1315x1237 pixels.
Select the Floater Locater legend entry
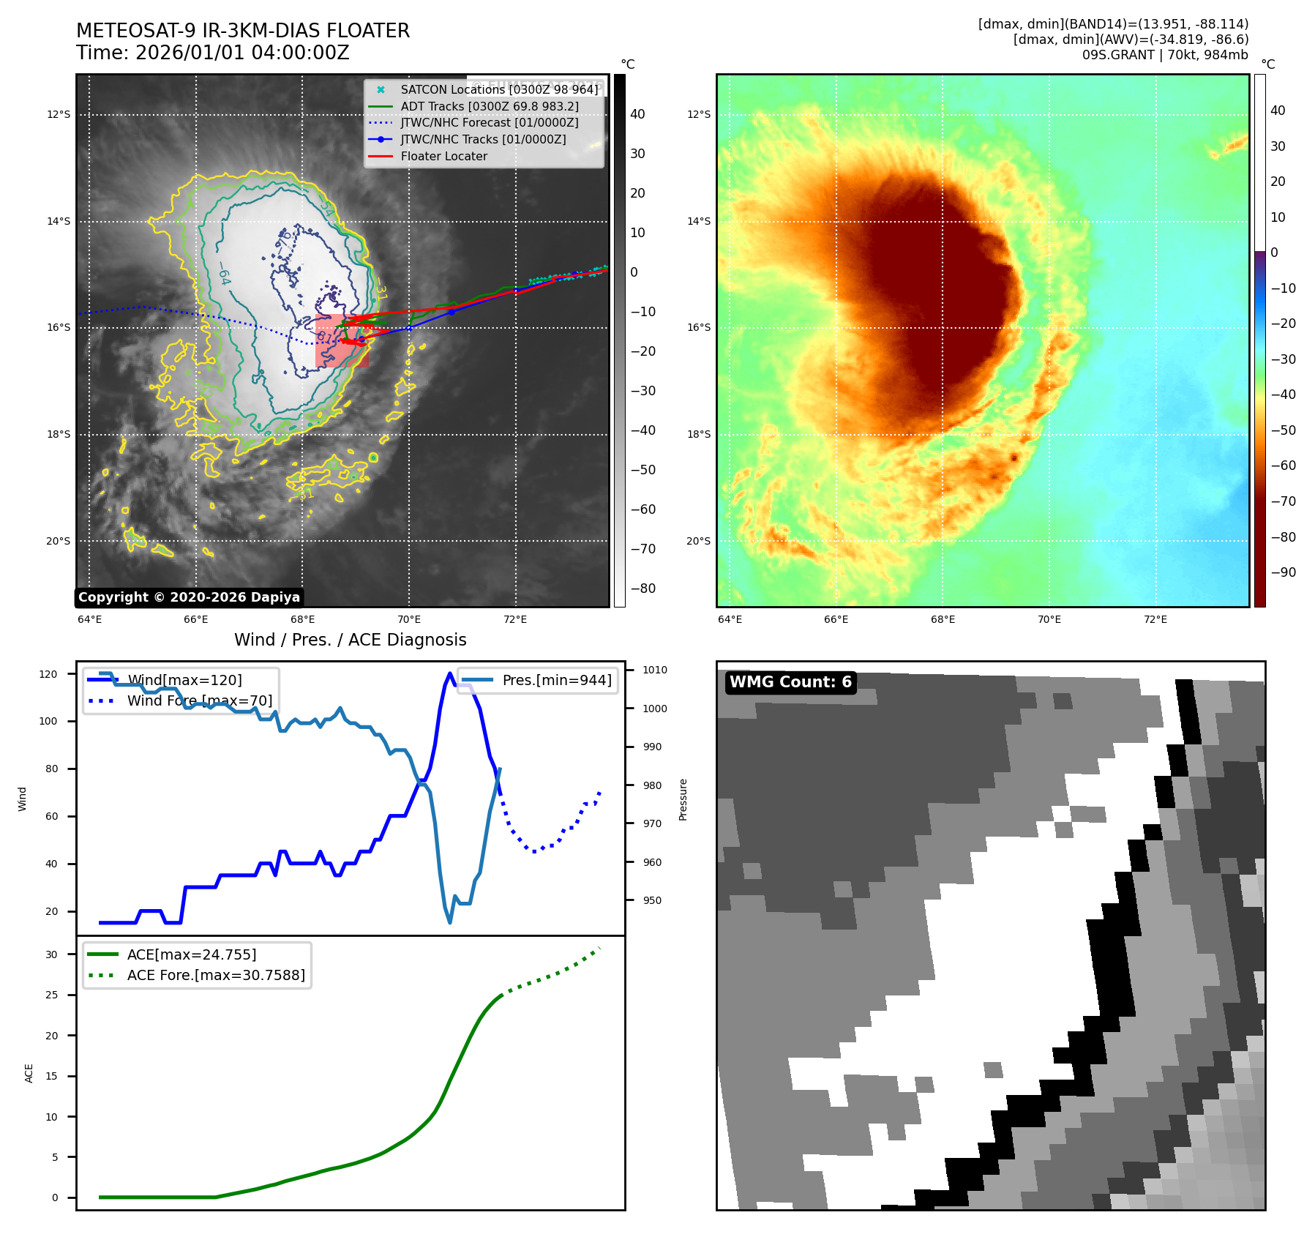[443, 156]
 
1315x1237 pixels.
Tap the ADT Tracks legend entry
[489, 106]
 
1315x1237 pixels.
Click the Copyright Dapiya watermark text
[189, 597]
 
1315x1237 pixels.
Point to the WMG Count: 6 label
[790, 682]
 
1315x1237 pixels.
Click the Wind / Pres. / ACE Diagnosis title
[350, 640]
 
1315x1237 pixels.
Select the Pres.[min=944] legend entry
[556, 680]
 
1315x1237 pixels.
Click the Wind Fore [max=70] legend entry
[199, 700]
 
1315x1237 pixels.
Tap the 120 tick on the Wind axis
[48, 674]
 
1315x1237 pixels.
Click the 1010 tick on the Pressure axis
[654, 670]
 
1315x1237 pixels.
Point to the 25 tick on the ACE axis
[52, 995]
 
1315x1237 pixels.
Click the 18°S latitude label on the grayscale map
[59, 434]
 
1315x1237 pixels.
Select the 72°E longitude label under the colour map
[1155, 619]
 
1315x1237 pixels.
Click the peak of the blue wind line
[449, 673]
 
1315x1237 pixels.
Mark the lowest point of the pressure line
[449, 922]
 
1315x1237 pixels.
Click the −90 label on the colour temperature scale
[1283, 572]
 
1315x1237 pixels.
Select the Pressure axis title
[683, 799]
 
